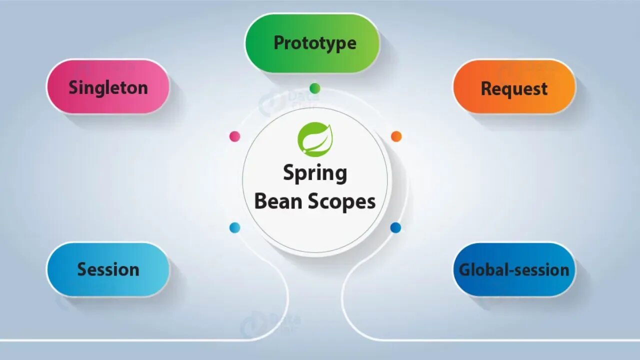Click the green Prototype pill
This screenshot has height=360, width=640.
(312, 43)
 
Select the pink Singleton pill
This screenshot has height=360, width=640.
(108, 87)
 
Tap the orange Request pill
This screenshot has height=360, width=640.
(514, 88)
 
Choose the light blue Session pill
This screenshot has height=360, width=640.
(108, 269)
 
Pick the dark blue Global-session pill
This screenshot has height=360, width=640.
(514, 269)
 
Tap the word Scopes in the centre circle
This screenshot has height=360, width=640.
(341, 201)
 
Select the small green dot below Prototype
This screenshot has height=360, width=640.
(314, 88)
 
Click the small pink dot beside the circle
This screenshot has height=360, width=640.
(234, 136)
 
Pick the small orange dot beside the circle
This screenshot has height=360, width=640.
(396, 136)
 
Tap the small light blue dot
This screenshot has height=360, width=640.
(234, 228)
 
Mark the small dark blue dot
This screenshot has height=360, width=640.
(395, 228)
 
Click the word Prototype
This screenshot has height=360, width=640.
(315, 43)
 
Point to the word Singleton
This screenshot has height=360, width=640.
(108, 87)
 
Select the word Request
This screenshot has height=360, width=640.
(514, 89)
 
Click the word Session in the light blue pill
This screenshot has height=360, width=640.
(108, 269)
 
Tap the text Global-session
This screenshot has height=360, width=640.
(514, 270)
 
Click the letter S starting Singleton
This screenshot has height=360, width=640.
(73, 87)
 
